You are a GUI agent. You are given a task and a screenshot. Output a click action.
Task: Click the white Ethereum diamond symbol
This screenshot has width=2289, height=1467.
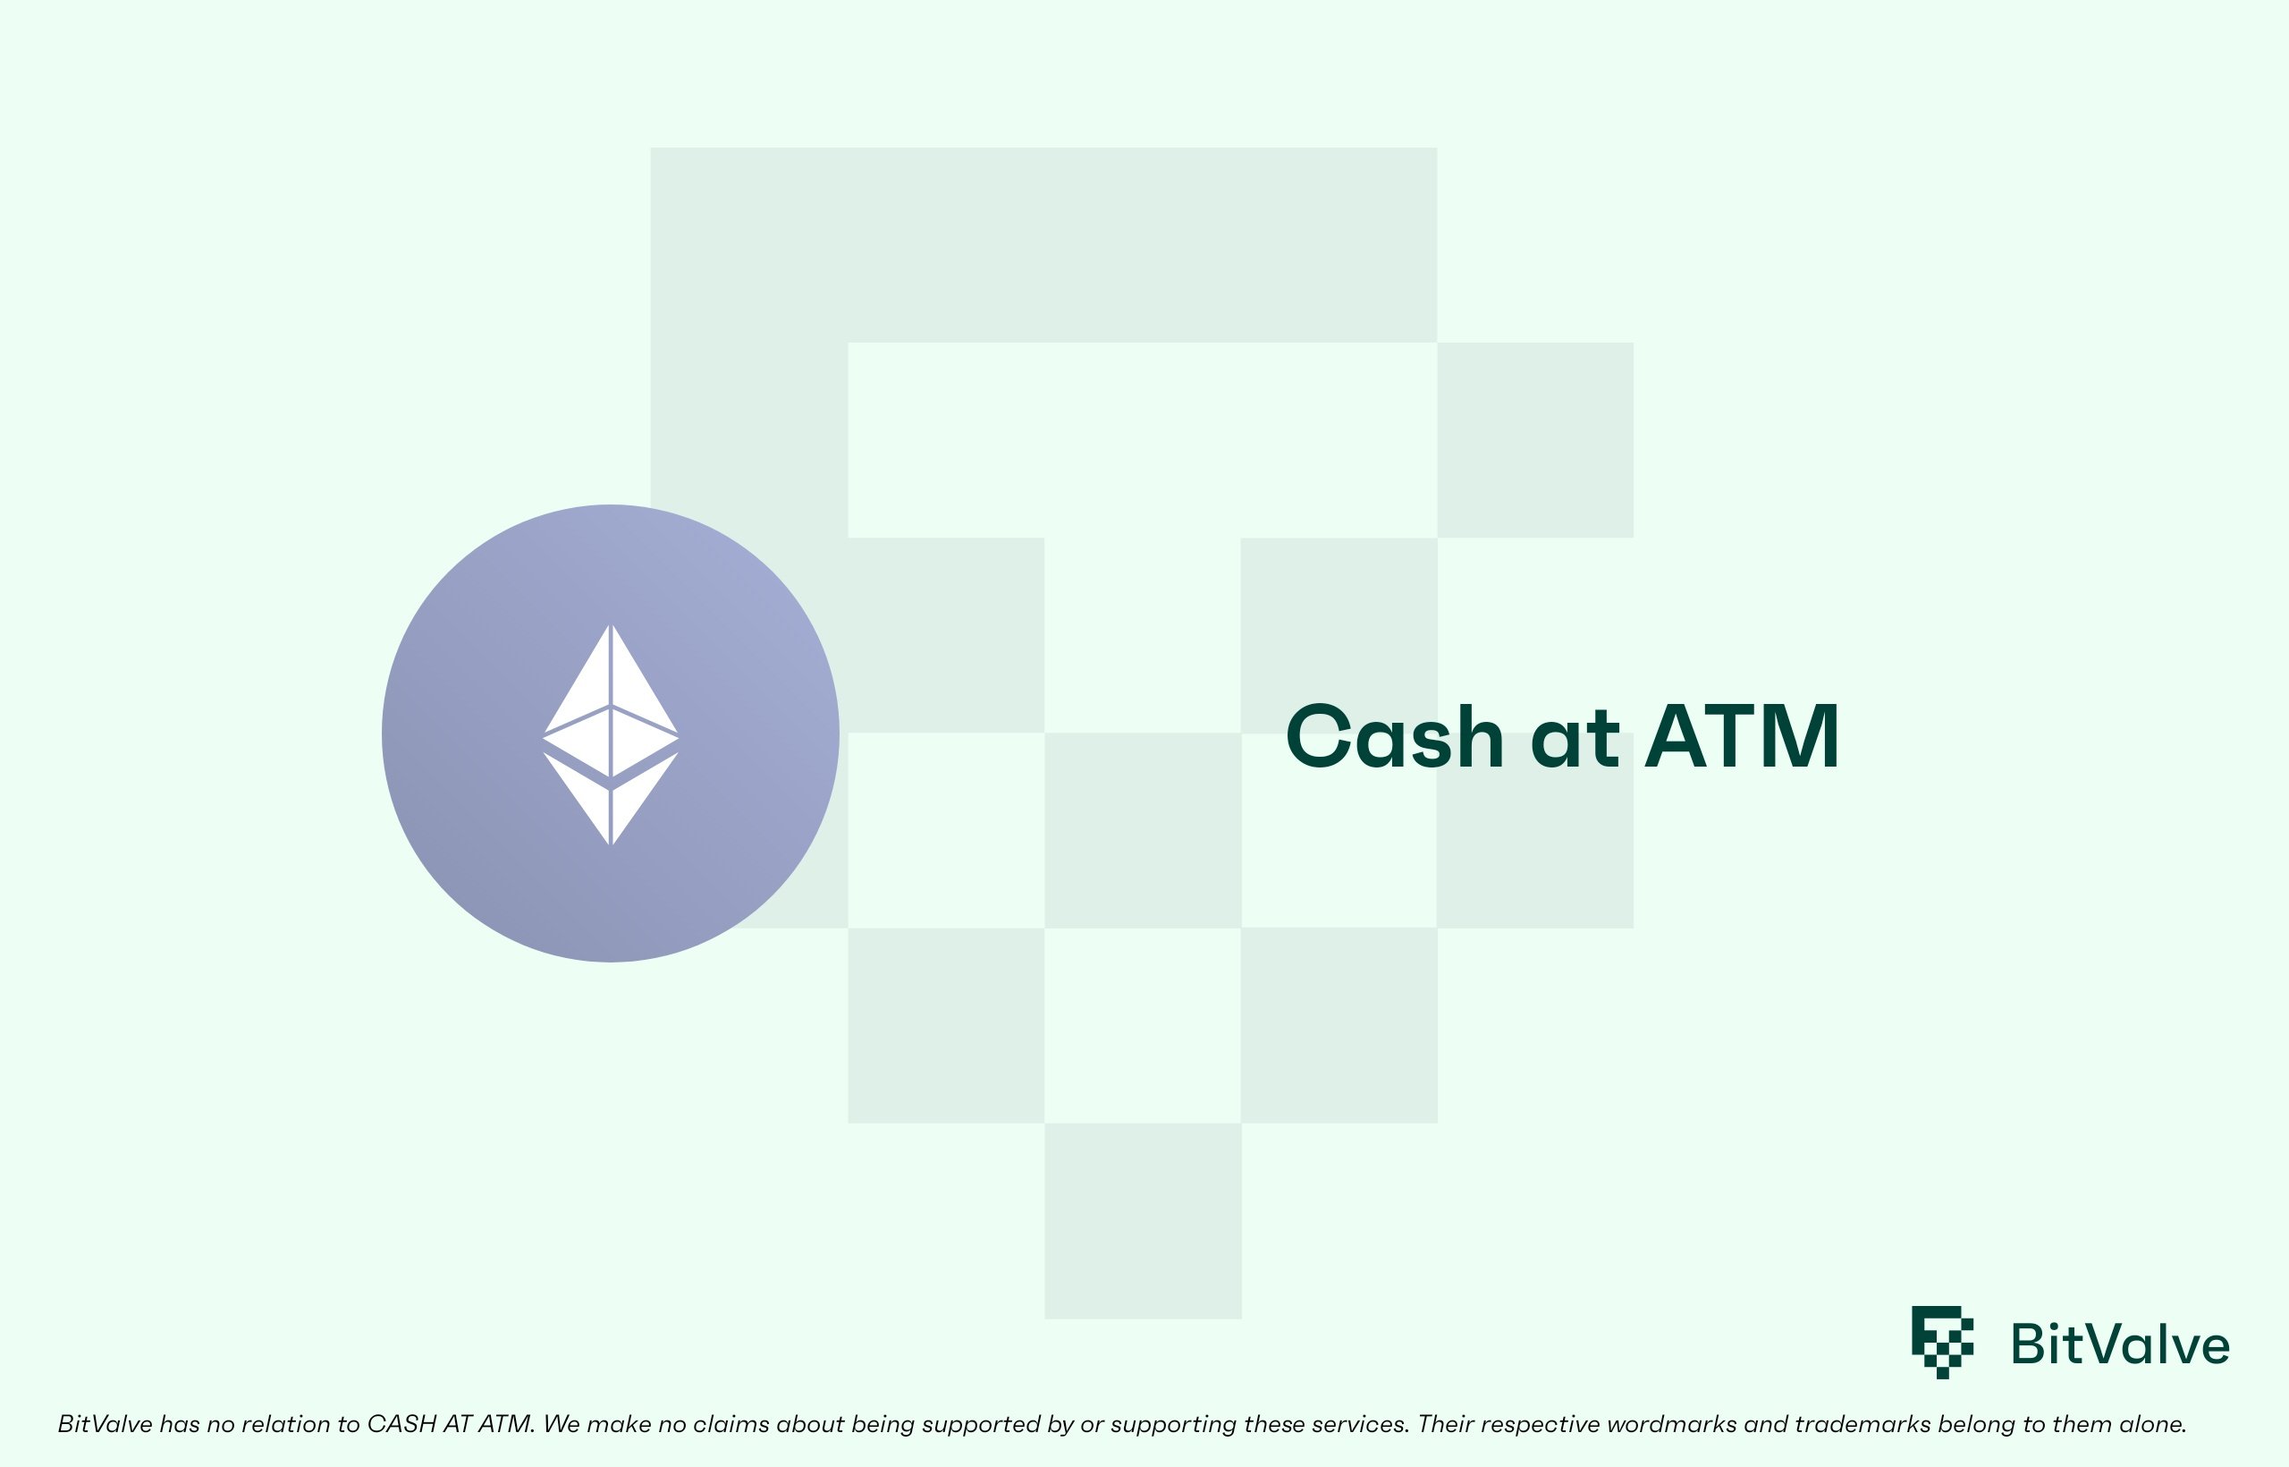pos(611,734)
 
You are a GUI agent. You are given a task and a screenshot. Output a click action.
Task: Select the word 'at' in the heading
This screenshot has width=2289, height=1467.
pos(1575,738)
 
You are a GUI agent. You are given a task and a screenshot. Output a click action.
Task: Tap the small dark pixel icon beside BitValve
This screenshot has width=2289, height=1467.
pos(1942,1341)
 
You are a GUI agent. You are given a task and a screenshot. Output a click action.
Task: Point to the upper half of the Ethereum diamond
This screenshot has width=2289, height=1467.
pos(611,700)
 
